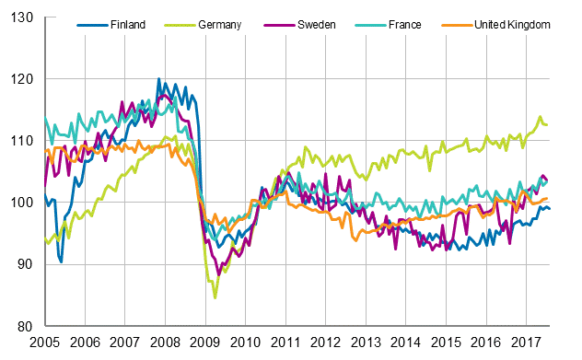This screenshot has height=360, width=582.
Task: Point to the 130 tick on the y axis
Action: point(24,17)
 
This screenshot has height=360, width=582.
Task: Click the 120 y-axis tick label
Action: point(24,79)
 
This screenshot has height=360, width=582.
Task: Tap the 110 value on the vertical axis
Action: point(24,141)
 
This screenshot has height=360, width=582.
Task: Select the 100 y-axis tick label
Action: point(24,203)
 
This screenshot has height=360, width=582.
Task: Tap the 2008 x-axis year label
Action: point(165,343)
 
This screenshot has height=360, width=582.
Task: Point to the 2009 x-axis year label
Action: point(204,343)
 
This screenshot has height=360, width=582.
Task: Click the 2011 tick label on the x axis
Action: point(285,343)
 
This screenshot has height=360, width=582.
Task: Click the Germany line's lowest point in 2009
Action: point(215,297)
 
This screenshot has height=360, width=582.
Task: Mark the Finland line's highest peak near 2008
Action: point(158,79)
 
